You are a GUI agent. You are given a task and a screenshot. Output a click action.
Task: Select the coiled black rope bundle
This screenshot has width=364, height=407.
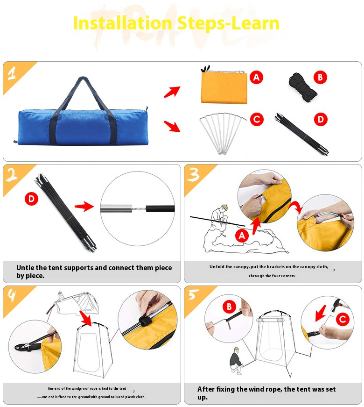[302, 87]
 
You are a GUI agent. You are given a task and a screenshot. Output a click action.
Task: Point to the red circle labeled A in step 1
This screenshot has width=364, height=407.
[256, 78]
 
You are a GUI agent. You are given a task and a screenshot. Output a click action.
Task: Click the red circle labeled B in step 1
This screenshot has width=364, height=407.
[320, 78]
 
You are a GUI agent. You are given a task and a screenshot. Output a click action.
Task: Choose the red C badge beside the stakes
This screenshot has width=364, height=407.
[257, 120]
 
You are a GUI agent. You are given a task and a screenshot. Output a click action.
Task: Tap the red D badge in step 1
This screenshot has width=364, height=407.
[321, 120]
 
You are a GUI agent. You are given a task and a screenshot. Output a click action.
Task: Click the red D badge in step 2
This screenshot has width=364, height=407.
[31, 199]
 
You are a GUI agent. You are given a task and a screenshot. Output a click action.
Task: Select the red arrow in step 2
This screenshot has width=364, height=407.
[84, 207]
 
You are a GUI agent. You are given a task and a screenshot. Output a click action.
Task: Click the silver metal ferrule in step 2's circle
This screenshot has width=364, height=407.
[116, 209]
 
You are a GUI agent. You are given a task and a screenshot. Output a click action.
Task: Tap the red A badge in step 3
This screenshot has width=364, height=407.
[242, 236]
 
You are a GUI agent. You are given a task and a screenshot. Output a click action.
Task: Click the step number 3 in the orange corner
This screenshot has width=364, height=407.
[194, 174]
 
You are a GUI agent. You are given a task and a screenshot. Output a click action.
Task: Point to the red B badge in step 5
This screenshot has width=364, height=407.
[230, 307]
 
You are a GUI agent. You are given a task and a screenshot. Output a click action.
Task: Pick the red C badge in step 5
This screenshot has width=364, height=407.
[343, 319]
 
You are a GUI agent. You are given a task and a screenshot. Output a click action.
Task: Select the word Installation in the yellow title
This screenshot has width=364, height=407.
[123, 23]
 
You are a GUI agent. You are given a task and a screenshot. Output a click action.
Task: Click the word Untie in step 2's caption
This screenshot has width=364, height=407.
[25, 268]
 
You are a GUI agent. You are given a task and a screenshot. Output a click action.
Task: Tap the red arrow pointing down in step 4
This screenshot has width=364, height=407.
[86, 318]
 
